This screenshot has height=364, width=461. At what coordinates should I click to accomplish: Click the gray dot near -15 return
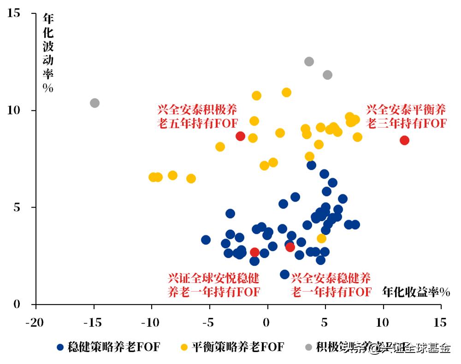coord(95,103)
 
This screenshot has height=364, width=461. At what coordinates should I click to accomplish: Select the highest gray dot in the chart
coord(309,62)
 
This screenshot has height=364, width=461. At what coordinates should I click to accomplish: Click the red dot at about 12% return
coord(404,140)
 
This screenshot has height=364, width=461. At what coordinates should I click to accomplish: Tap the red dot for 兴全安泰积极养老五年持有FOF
coord(240,136)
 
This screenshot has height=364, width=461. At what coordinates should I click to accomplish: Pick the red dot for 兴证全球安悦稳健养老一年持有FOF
coord(254,252)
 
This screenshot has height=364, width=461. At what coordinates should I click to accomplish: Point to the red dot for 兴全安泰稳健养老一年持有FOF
coord(290,247)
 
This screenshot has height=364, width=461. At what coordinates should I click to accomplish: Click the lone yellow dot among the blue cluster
coord(321,238)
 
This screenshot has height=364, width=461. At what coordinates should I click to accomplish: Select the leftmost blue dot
coord(206,240)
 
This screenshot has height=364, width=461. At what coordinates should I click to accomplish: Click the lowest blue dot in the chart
coord(284,274)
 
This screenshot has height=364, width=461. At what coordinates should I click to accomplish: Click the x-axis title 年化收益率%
coord(416,292)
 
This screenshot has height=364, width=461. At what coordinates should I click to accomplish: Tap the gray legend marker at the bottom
coord(308,347)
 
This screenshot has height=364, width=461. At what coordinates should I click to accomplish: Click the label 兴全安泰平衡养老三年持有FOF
coord(406,116)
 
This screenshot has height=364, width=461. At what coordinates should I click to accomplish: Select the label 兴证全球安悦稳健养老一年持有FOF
coord(213,285)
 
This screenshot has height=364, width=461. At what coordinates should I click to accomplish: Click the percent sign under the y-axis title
coord(48,88)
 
